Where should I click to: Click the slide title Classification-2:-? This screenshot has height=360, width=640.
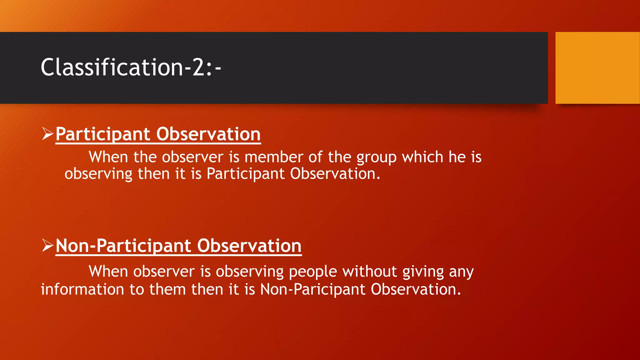pos(131,67)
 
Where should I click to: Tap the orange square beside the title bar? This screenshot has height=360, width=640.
pos(597,68)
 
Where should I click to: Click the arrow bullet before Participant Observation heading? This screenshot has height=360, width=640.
pos(47,134)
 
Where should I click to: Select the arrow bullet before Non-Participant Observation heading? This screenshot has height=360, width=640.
pos(47,245)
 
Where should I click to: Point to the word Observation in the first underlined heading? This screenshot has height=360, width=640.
pos(208,134)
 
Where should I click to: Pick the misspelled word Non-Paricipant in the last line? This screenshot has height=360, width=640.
pos(312,289)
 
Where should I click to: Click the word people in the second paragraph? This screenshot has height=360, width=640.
pos(313,272)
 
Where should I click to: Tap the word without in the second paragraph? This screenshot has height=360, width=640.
pos(370,271)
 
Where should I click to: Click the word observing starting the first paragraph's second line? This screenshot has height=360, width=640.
pos(98,174)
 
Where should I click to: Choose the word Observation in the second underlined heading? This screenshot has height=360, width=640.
pos(249,246)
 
